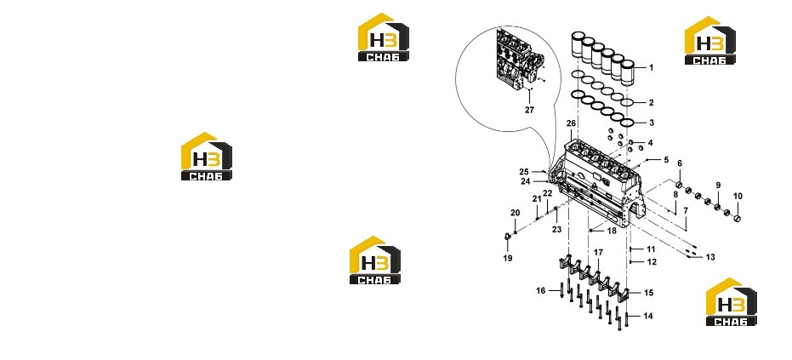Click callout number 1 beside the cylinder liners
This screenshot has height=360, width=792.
[x=651, y=67]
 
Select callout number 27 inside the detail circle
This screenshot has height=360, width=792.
[x=529, y=110]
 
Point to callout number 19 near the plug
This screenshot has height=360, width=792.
[x=508, y=258]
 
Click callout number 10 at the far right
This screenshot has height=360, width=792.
[x=738, y=197]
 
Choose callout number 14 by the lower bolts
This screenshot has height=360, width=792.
[x=648, y=316]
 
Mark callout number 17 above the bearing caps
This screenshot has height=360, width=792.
[x=599, y=252]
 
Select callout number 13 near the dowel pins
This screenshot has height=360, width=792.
[x=710, y=257]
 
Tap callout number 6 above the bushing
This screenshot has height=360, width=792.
[x=680, y=163]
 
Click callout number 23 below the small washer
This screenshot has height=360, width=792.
[x=556, y=229]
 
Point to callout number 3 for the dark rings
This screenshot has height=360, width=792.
[x=652, y=123]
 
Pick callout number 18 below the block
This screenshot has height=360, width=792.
[x=612, y=231]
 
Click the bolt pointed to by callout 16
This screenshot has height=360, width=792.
[x=561, y=292]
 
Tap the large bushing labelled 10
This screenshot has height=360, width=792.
[x=737, y=219]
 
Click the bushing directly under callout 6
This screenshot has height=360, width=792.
[x=680, y=183]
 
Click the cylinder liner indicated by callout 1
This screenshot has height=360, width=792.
[x=628, y=73]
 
